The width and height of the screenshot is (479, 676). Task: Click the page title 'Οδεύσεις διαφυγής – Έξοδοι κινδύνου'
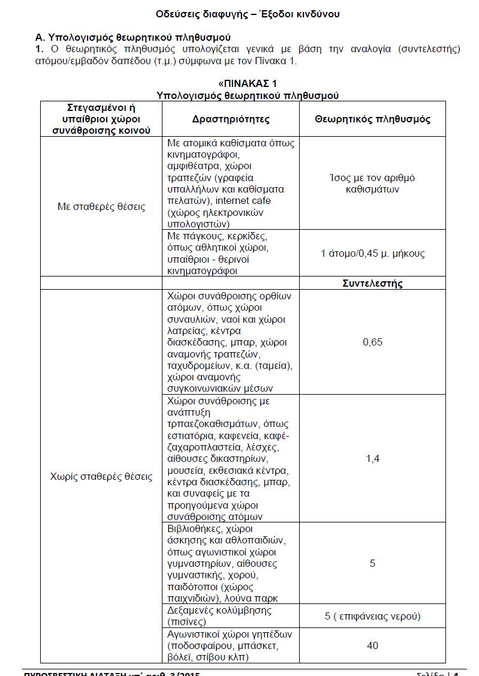coord(248,14)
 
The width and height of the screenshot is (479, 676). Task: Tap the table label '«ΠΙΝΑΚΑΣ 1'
coord(248,83)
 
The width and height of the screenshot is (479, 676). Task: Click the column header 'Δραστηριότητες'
coord(231,119)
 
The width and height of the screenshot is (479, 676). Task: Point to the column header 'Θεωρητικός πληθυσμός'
coord(372,119)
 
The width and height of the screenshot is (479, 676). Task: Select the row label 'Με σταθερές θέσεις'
coord(101,207)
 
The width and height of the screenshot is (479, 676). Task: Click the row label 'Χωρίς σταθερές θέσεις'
coord(101,477)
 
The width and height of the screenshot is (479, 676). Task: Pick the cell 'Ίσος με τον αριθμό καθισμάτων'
coord(372,184)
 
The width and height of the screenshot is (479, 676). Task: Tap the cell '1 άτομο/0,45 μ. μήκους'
coord(372,253)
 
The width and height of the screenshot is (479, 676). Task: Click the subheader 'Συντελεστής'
coord(372,283)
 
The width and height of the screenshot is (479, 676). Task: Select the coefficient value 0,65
coord(372,342)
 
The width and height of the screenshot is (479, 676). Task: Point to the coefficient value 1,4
coord(372,459)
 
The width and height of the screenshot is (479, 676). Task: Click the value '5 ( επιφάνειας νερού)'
coord(372,616)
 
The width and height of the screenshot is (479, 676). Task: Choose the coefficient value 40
coord(372,645)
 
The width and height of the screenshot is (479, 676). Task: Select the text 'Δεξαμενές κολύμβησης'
coord(219,610)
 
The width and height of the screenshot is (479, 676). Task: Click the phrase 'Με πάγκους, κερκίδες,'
coord(216,236)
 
